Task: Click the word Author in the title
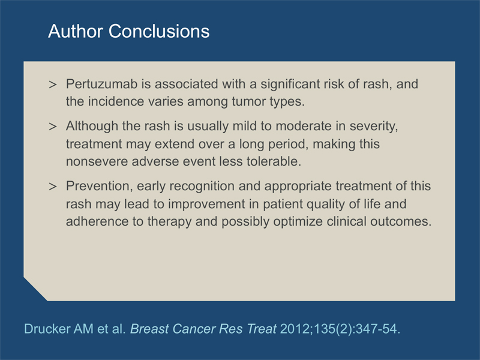[x=76, y=31]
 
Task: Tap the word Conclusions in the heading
[x=159, y=31]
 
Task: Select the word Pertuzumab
[x=101, y=84]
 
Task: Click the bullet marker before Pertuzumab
[x=53, y=85]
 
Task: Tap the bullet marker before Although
[x=53, y=127]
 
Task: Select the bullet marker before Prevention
[x=53, y=187]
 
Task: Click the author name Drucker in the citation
[x=47, y=329]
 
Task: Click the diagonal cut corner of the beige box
[x=35, y=289]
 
